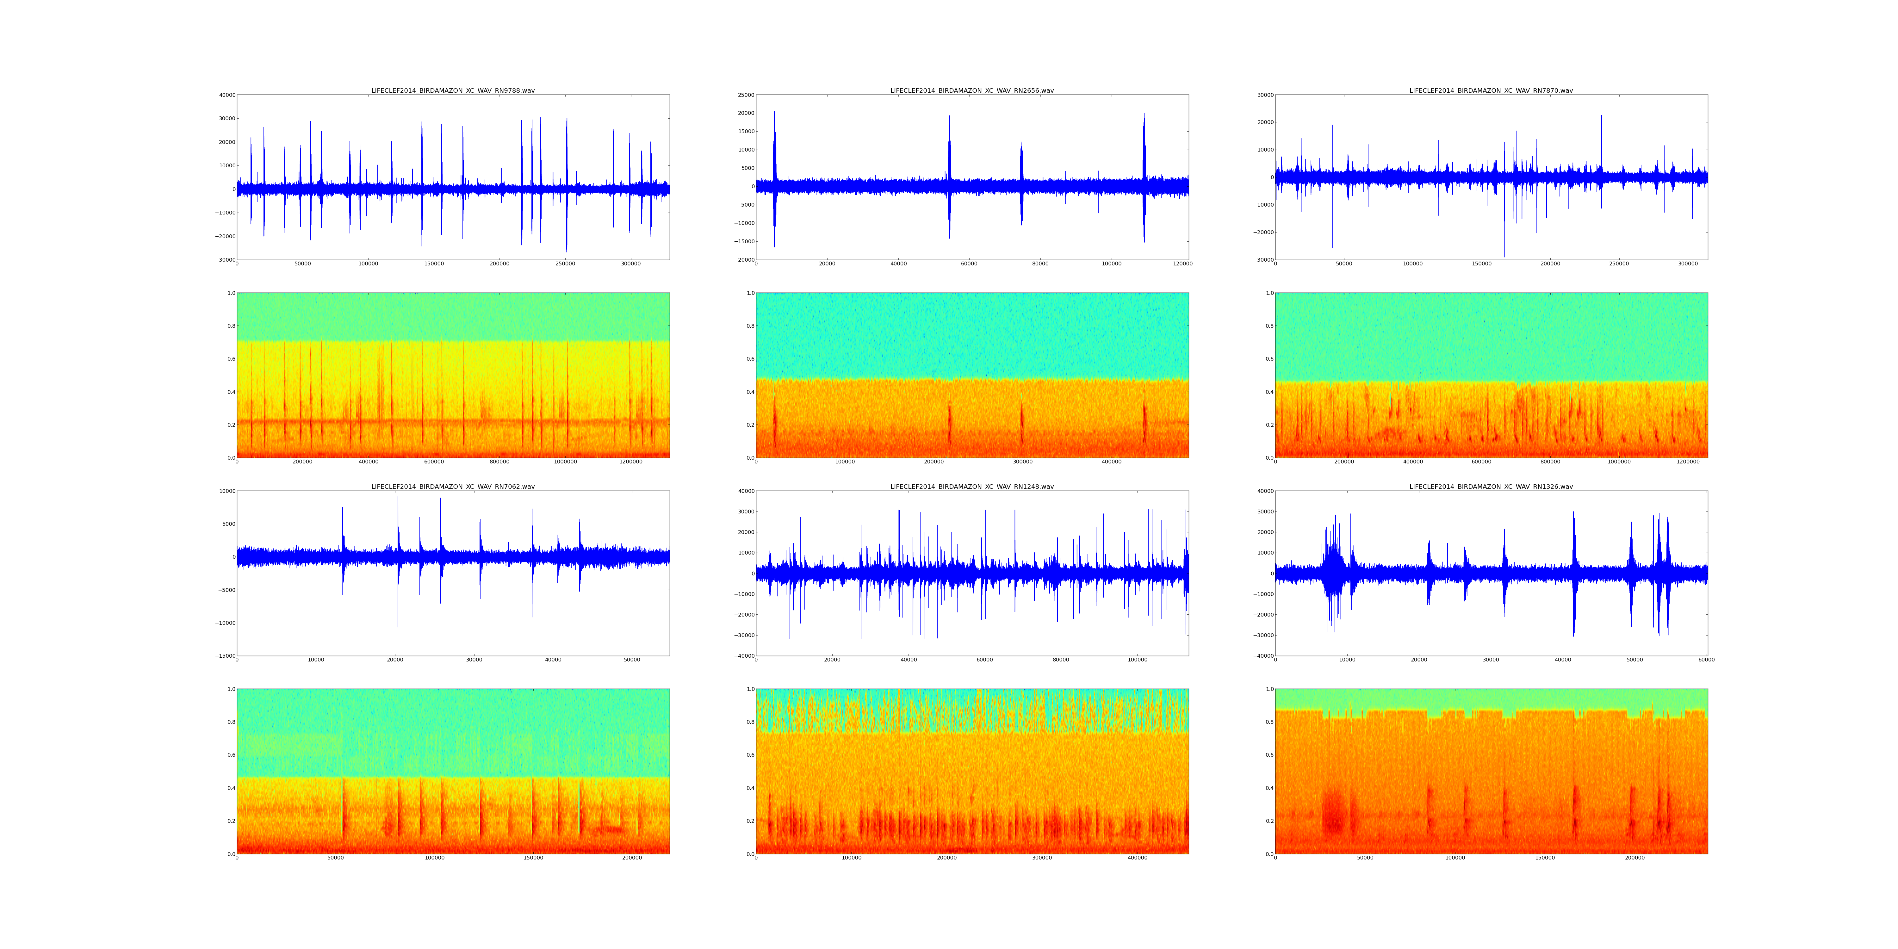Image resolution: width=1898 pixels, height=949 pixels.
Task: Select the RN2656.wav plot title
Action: pos(972,90)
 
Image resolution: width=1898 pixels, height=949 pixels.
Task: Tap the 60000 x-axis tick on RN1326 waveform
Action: pos(1706,660)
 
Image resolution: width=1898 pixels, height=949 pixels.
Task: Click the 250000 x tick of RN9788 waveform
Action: pos(565,264)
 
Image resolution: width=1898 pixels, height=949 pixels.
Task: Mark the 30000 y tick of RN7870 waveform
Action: pos(1264,95)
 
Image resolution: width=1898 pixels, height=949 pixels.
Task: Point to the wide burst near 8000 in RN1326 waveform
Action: pos(1334,573)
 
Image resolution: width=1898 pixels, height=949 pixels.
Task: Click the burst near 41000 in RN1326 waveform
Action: pos(1574,573)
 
